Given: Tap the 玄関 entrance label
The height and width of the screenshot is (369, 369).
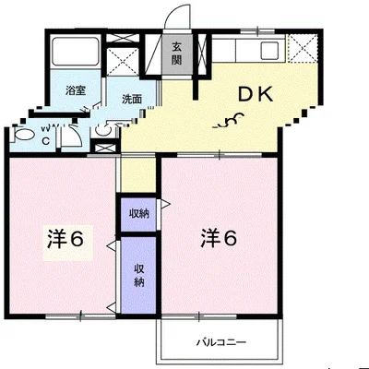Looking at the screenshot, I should coord(176,55).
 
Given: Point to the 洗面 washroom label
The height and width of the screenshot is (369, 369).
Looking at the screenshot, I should coord(130,97).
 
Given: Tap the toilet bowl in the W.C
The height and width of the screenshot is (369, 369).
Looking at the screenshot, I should coord(23,136).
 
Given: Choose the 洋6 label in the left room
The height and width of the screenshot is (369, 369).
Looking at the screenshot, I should coord(66,238).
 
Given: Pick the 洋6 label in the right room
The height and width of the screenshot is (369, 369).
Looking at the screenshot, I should coord(220,237).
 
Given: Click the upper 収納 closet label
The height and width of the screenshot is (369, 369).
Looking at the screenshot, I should coord(139,213).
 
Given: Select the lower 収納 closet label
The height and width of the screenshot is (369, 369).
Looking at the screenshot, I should coord(139,274).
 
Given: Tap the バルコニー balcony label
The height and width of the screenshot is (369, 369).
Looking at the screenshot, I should coord(220,342).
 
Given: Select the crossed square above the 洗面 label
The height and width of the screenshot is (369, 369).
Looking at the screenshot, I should coord(124,59).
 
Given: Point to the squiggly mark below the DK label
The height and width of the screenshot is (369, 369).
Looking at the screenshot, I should coord(231,120).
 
